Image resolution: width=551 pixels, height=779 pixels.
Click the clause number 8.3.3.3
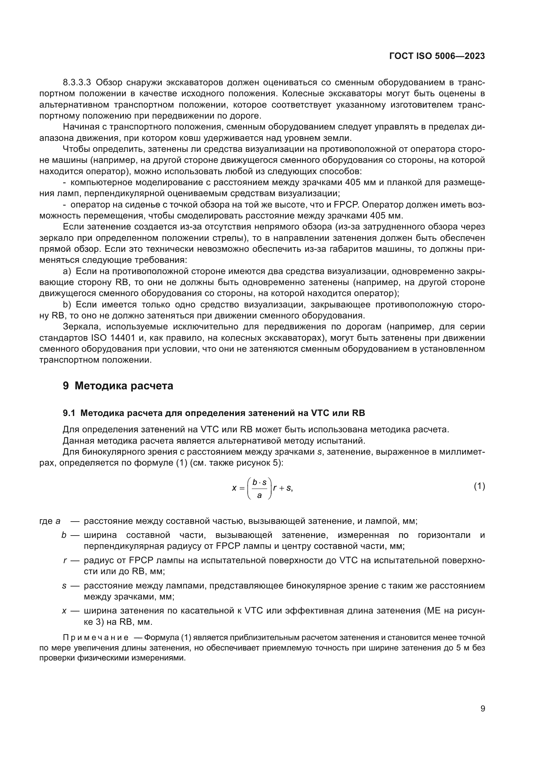tap(77, 83)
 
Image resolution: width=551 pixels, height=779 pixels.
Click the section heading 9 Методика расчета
tap(118, 386)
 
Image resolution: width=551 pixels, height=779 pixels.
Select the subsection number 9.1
tap(69, 413)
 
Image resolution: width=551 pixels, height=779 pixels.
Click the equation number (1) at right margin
tap(479, 486)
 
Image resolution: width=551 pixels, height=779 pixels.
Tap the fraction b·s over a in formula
tap(260, 488)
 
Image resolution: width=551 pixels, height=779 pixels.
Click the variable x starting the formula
tap(234, 488)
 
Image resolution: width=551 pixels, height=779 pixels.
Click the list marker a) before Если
tap(67, 271)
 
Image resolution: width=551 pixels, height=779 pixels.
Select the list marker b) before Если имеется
tap(67, 304)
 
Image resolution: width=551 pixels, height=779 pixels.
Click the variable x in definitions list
tap(64, 611)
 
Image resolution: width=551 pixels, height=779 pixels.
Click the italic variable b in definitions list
tap(64, 535)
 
